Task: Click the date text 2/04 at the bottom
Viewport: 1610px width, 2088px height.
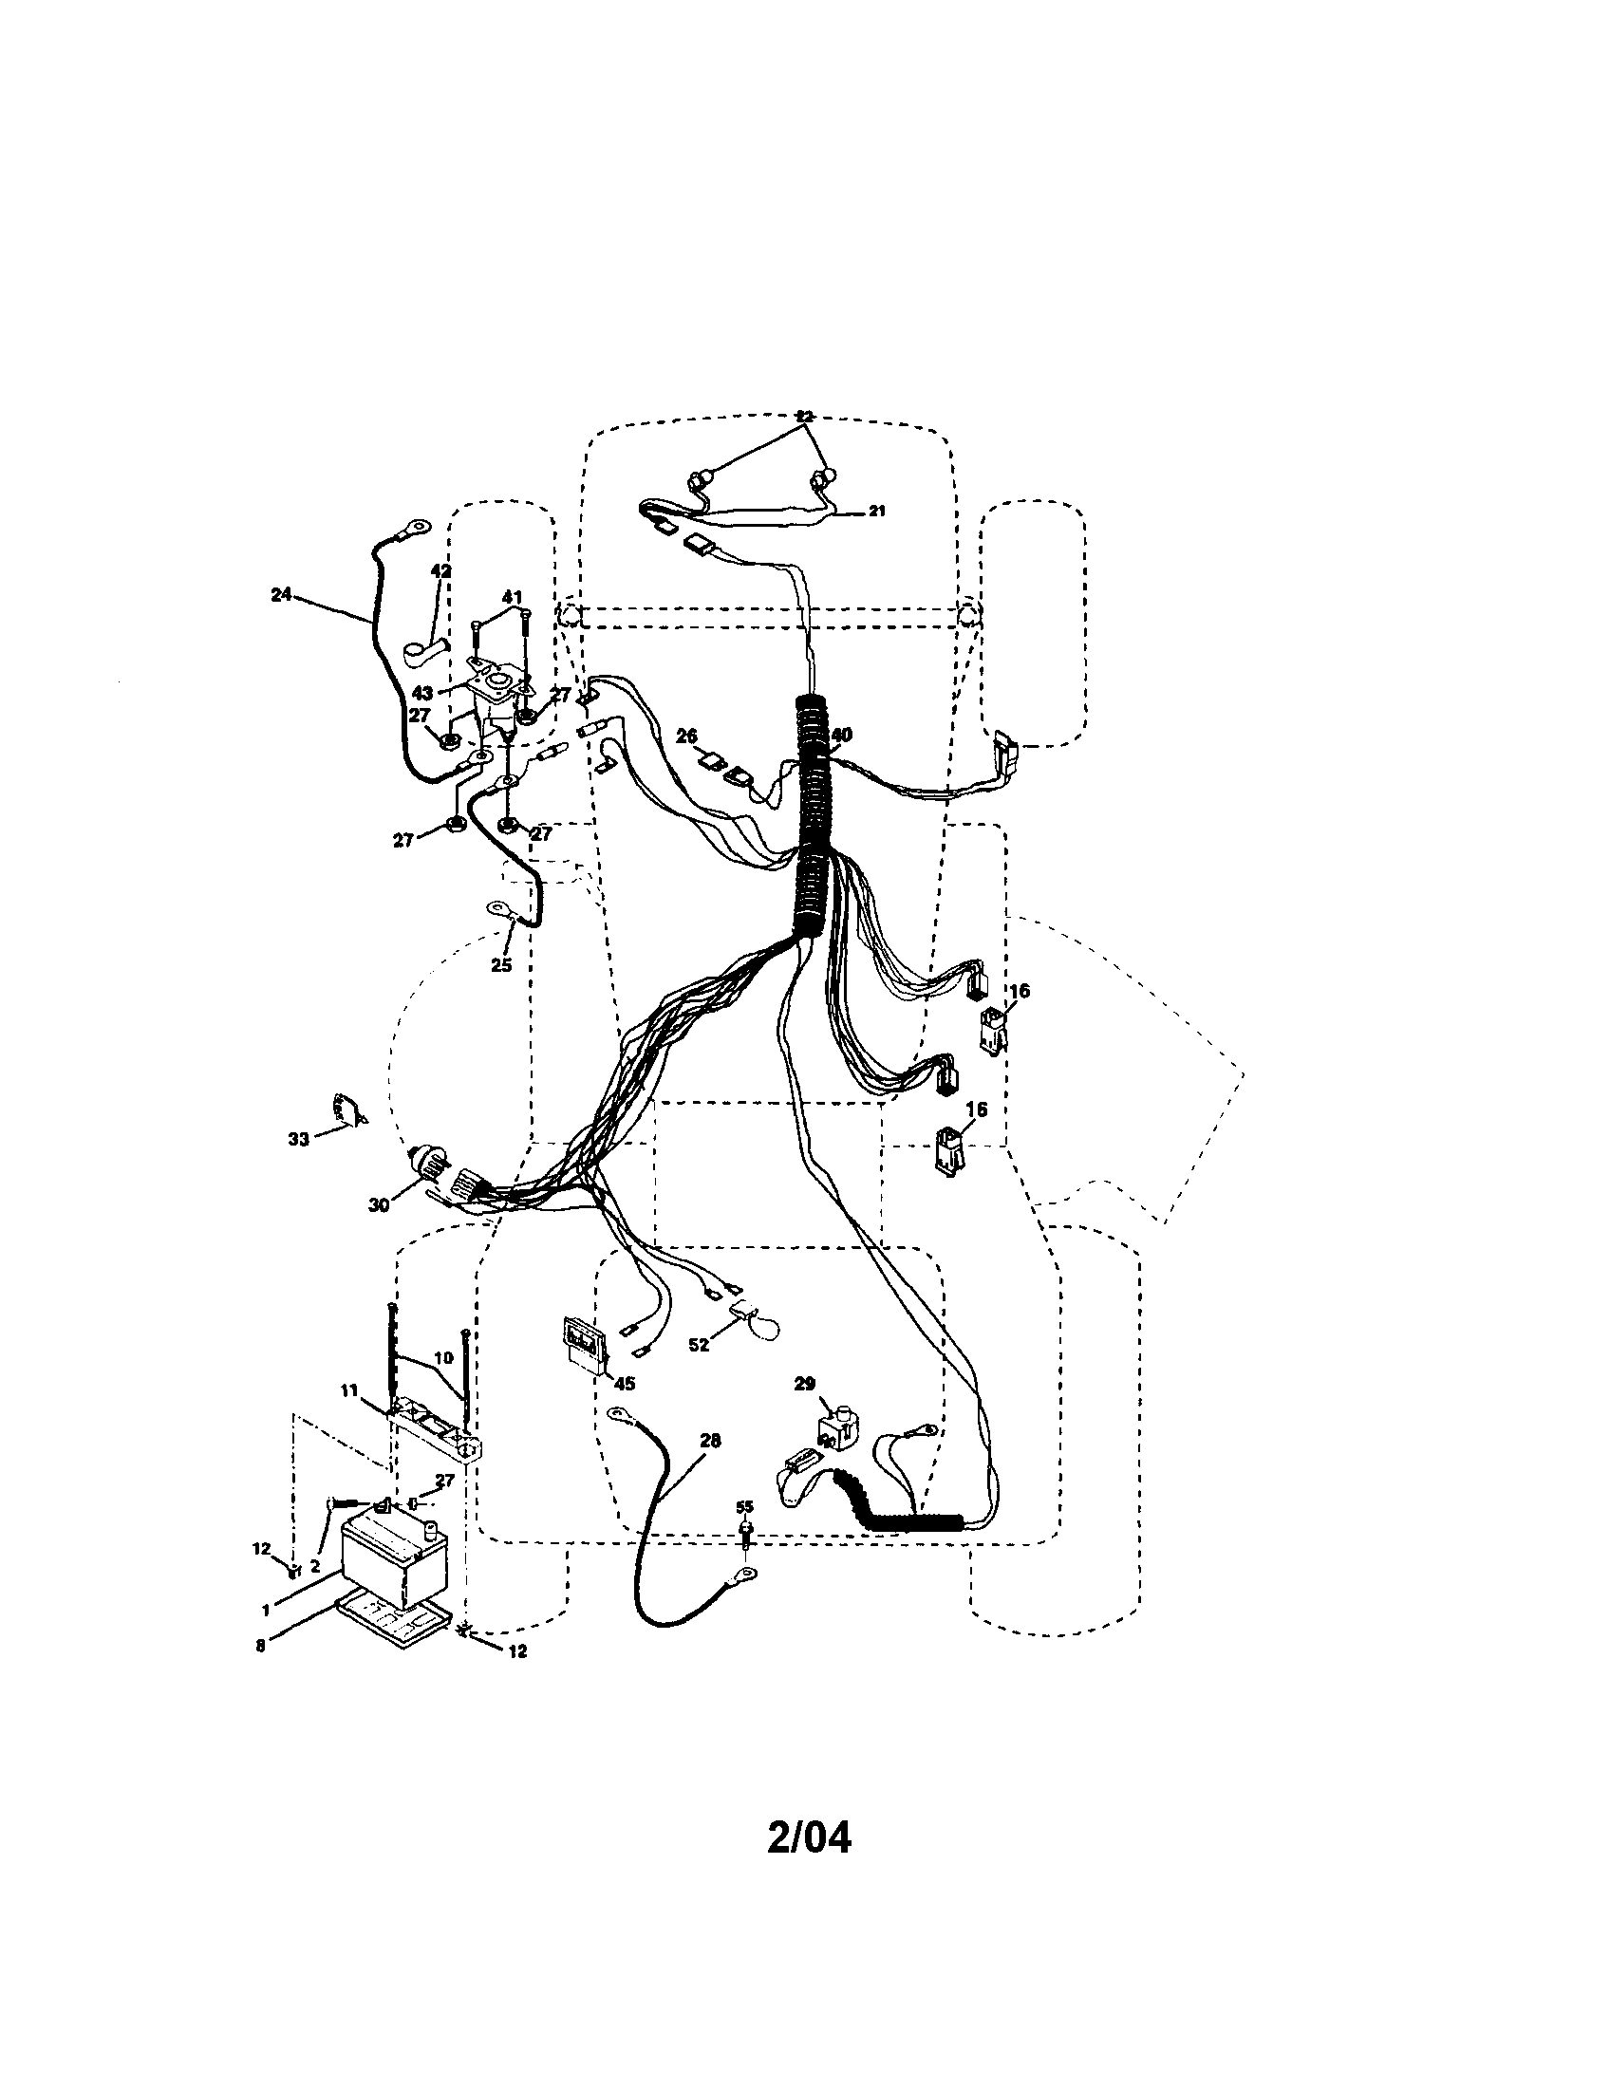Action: click(x=808, y=1837)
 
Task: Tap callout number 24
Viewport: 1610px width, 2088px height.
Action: click(x=280, y=594)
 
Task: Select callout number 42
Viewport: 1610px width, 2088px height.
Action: click(x=440, y=570)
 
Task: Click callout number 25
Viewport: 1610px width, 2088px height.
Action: click(x=501, y=964)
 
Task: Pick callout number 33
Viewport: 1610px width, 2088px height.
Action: click(x=299, y=1139)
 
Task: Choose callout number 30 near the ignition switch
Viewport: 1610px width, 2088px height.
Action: click(x=379, y=1205)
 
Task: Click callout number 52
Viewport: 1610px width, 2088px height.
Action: click(x=700, y=1344)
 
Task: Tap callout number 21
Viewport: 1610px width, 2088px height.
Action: click(x=877, y=512)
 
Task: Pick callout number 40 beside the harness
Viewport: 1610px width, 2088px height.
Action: click(x=840, y=735)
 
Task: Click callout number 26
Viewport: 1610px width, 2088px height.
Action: click(x=685, y=736)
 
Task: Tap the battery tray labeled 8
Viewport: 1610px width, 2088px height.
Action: click(x=392, y=1623)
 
